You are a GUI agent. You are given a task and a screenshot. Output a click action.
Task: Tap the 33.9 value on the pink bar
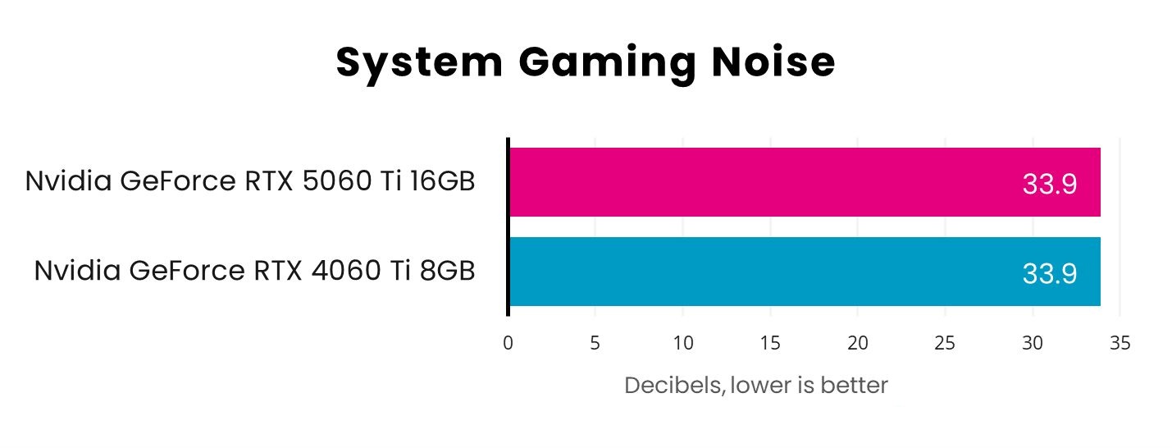1049,185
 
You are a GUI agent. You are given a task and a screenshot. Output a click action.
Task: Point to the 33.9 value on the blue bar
1049,274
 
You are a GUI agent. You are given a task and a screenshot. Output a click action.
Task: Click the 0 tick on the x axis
508,343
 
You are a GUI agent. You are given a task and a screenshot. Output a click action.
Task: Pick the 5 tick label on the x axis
595,343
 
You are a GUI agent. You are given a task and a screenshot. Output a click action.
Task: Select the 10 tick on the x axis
683,343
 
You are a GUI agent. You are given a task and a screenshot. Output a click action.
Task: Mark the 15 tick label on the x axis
770,343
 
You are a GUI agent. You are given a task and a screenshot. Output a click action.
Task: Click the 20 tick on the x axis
858,343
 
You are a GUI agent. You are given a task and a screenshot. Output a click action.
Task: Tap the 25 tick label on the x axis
945,343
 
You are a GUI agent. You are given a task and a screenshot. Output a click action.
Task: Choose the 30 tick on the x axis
1033,343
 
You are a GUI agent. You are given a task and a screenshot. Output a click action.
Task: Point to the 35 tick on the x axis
1120,343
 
